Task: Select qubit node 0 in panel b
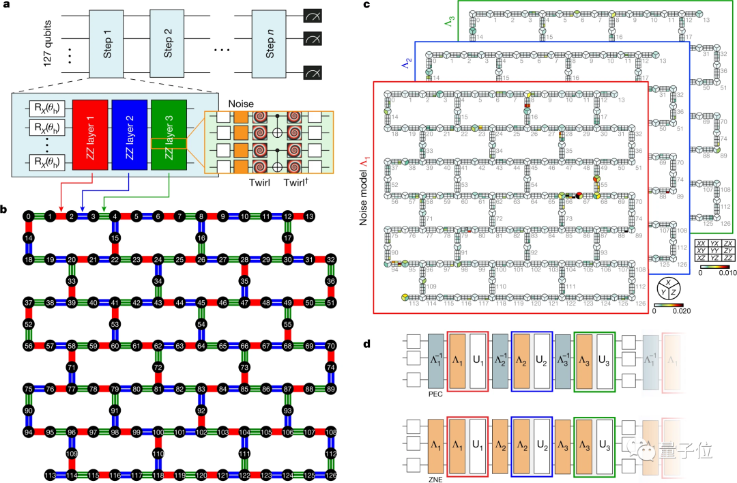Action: tap(27, 216)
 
